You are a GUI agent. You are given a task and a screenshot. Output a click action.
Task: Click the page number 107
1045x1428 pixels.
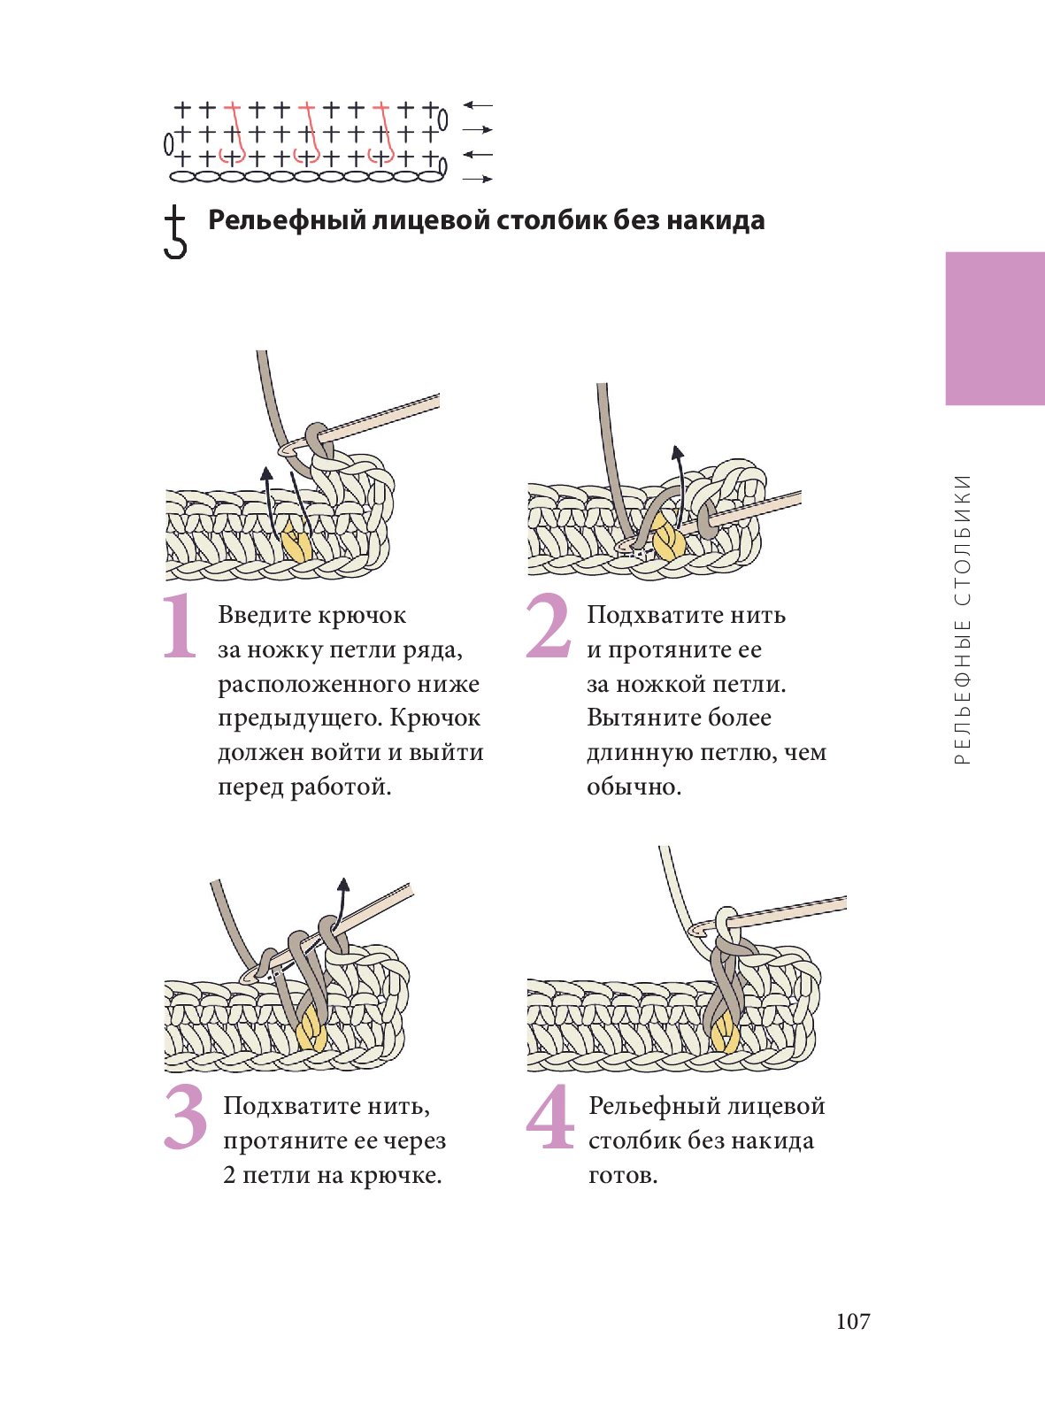(853, 1321)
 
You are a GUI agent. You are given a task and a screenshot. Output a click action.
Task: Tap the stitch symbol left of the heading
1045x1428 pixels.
(175, 232)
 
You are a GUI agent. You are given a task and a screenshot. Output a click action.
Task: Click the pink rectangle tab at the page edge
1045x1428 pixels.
(995, 328)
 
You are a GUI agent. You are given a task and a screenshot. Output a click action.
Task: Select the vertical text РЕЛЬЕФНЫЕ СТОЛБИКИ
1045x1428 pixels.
(964, 619)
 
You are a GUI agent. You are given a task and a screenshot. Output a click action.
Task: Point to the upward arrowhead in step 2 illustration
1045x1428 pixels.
(678, 453)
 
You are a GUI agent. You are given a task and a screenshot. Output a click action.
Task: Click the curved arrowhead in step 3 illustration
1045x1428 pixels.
(343, 884)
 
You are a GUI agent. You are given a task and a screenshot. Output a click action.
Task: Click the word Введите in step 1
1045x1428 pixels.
(263, 615)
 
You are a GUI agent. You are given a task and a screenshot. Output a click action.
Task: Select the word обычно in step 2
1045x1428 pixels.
(632, 787)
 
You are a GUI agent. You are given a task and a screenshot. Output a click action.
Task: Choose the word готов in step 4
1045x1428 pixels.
(621, 1175)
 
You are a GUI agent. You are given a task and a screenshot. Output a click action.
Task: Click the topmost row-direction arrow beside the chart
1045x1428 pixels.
(478, 105)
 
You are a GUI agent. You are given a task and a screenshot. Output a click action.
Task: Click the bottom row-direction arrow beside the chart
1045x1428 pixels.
(478, 180)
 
